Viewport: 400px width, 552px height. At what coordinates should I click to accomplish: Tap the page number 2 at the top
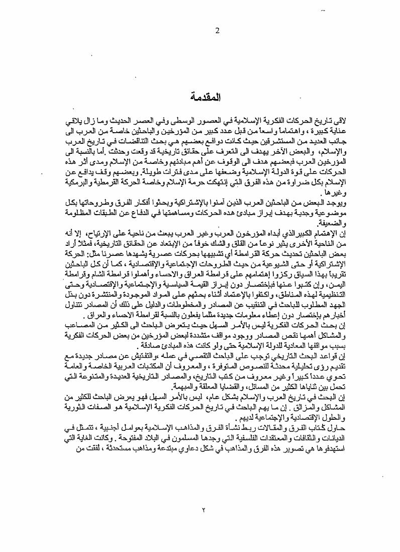point(218,31)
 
